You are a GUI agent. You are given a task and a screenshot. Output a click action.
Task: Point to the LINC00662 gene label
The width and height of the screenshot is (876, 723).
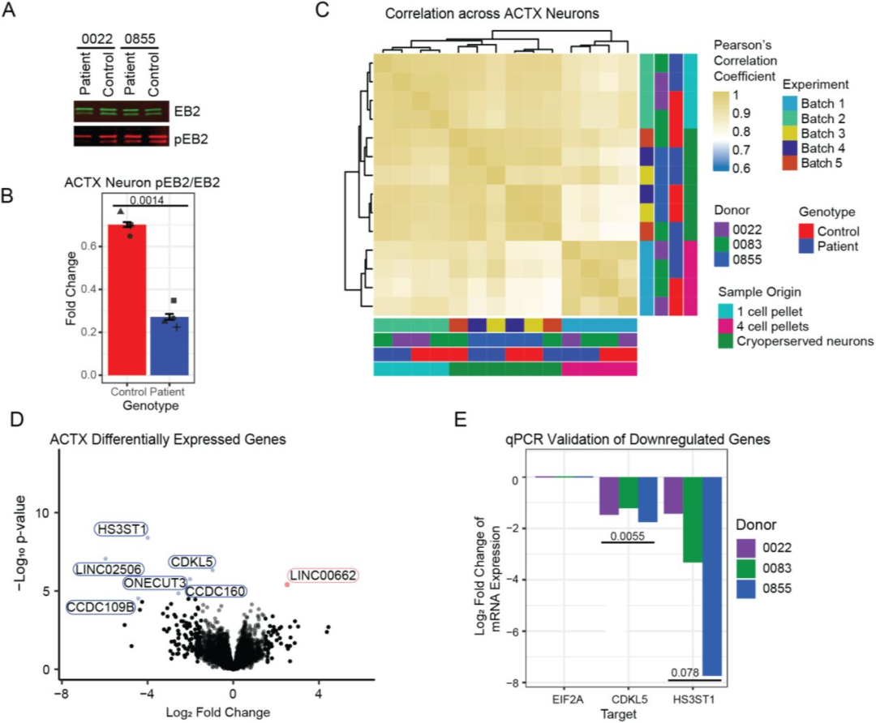[324, 575]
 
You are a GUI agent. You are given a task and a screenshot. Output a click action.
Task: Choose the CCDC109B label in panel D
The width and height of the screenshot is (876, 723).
[100, 606]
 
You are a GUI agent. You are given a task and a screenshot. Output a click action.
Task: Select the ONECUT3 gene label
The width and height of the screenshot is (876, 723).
[153, 583]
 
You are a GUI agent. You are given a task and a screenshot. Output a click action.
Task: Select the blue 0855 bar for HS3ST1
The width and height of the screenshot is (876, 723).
[711, 575]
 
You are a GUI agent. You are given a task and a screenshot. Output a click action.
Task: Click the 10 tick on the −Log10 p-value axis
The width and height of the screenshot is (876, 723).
[46, 513]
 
